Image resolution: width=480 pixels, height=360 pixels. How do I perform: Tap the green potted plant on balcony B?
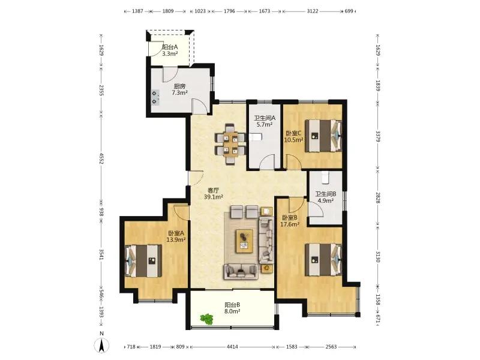point(206,319)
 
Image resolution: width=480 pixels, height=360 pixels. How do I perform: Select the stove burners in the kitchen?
point(155,97)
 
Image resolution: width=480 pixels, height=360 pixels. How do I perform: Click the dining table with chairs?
point(230,144)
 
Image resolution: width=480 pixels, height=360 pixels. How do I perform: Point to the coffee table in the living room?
point(244,241)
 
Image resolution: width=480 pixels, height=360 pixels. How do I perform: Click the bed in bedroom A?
point(143,260)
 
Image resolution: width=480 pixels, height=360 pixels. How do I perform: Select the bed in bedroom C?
point(323,136)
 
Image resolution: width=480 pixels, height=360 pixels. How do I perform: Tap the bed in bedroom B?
point(323,260)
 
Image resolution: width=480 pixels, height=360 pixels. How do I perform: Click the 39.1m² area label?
point(214,197)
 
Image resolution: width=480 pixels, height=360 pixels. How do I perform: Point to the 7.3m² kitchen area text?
point(179,92)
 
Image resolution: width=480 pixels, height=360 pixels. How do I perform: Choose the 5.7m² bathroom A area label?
point(265,124)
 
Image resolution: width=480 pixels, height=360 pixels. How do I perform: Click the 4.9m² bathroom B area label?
point(326,200)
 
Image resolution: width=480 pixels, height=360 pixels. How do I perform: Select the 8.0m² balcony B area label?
point(232,311)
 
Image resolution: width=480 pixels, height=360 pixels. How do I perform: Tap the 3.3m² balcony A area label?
point(170,53)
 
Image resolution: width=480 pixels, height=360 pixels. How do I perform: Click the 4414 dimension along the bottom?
point(232,347)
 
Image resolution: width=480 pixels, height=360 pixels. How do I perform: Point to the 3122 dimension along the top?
point(312,11)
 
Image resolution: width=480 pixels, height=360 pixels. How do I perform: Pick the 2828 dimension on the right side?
point(378,198)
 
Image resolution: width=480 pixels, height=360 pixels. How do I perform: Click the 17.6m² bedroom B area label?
point(290,224)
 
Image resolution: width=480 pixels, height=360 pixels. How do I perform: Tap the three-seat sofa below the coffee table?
point(241,272)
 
